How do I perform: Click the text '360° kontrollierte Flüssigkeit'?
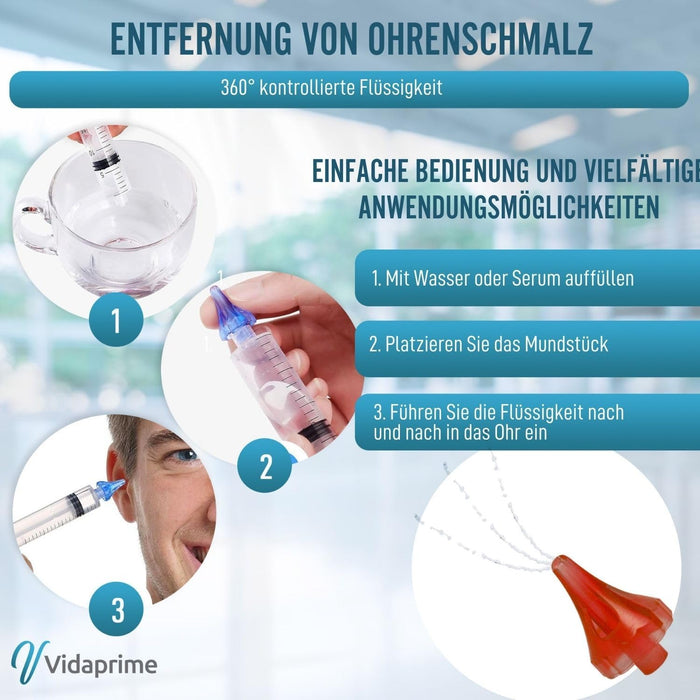[331, 88]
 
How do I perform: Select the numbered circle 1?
[116, 321]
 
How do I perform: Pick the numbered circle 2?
[265, 467]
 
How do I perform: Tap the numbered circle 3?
[118, 609]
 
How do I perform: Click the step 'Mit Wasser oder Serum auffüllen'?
[502, 279]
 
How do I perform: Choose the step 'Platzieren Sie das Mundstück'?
[488, 344]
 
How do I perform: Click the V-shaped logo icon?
[27, 661]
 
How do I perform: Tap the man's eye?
[184, 455]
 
